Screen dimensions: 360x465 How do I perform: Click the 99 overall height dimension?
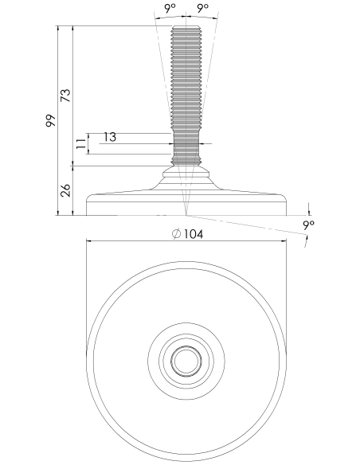[x=51, y=120]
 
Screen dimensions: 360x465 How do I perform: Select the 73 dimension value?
[x=66, y=96]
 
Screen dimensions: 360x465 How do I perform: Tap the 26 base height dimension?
[x=66, y=190]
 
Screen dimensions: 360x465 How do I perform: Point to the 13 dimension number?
[x=110, y=137]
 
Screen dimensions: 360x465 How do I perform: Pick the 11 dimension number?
[x=81, y=143]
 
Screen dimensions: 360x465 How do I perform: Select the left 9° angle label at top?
[x=170, y=8]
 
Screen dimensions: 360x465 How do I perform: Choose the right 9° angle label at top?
[x=203, y=8]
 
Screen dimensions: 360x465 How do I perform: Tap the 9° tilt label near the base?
[x=309, y=225]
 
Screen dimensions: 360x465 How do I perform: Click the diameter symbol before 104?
[x=176, y=234]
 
